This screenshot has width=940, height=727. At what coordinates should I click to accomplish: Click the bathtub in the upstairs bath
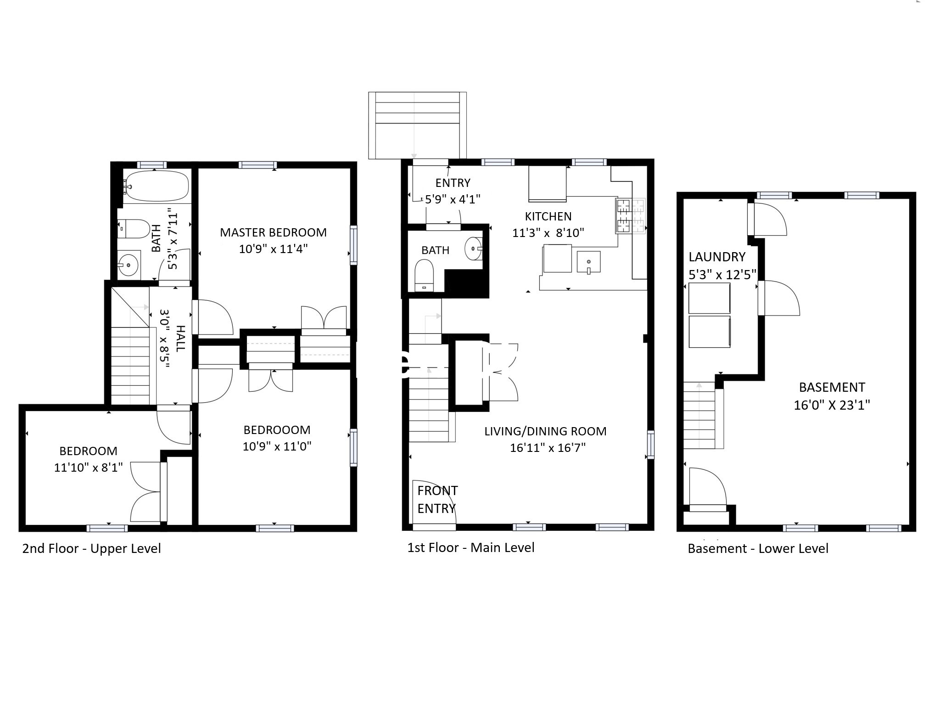pyautogui.click(x=156, y=186)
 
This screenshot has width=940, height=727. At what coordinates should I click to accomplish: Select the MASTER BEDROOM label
pyautogui.click(x=273, y=232)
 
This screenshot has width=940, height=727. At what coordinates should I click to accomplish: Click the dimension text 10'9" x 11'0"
pyautogui.click(x=277, y=446)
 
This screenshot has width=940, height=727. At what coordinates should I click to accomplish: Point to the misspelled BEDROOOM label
pyautogui.click(x=277, y=430)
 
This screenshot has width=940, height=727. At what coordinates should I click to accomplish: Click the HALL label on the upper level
pyautogui.click(x=180, y=339)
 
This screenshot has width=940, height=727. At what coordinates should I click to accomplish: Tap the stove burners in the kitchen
pyautogui.click(x=630, y=216)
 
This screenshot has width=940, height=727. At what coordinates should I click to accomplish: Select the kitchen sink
pyautogui.click(x=588, y=262)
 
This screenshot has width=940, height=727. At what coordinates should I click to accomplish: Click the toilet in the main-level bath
pyautogui.click(x=424, y=276)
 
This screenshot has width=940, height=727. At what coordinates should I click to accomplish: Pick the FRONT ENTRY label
pyautogui.click(x=437, y=499)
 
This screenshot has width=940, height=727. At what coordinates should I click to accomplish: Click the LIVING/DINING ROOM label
pyautogui.click(x=545, y=431)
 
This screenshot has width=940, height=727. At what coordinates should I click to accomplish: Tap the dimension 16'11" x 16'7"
pyautogui.click(x=548, y=447)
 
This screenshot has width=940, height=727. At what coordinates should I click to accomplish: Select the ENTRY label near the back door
pyautogui.click(x=453, y=183)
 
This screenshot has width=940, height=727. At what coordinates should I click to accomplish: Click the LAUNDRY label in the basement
pyautogui.click(x=716, y=257)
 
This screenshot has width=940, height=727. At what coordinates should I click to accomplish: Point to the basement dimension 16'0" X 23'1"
pyautogui.click(x=832, y=405)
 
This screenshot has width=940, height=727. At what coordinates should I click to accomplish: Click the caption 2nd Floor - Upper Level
pyautogui.click(x=91, y=548)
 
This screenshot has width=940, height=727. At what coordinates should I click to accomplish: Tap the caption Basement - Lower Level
pyautogui.click(x=758, y=548)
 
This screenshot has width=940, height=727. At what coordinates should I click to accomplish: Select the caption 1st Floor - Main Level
pyautogui.click(x=471, y=547)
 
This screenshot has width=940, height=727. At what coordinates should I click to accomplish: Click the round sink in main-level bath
pyautogui.click(x=473, y=248)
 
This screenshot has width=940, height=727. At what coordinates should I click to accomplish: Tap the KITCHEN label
pyautogui.click(x=548, y=216)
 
